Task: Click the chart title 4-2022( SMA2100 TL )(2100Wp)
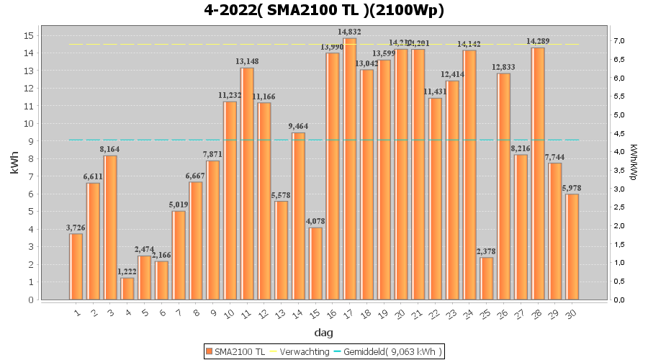324,11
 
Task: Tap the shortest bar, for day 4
127,289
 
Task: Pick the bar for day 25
487,279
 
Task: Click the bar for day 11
247,184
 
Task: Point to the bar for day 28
538,174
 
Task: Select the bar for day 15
315,264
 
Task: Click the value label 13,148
247,62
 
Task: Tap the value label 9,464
298,127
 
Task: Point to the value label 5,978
572,188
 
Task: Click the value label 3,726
76,228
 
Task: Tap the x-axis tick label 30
572,313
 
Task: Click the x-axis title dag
324,333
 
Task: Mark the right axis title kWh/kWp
634,163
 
